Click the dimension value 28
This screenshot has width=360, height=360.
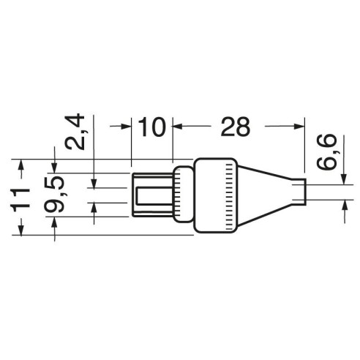coord(236,127)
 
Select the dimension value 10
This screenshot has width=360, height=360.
coord(151,127)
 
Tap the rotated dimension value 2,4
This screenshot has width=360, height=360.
coord(75,132)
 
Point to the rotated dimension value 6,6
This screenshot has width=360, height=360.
coord(326,151)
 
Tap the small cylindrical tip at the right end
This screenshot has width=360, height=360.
coord(299,192)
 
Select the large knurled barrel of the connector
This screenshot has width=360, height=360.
coord(216,195)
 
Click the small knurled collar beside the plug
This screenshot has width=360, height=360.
coord(184,194)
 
